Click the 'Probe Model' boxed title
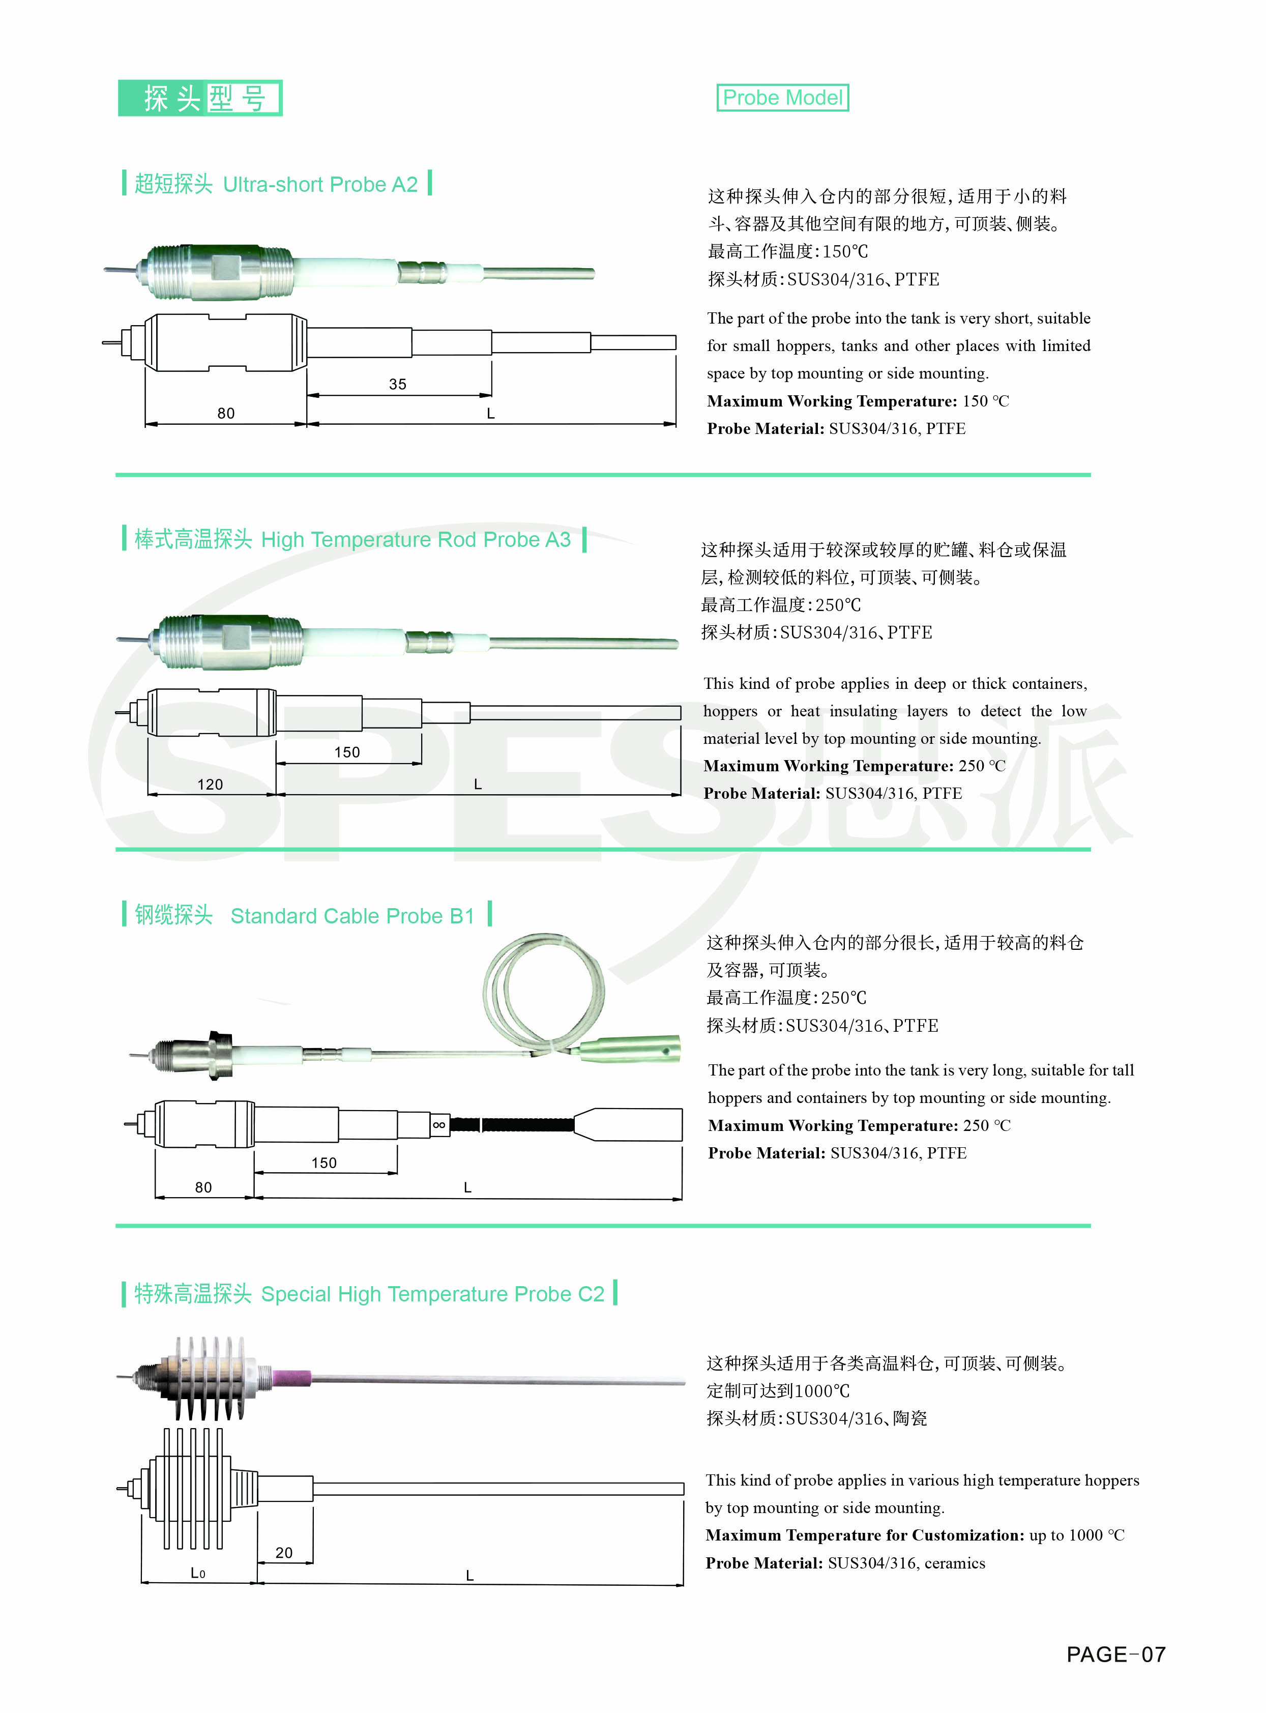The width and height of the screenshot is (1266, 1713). [782, 97]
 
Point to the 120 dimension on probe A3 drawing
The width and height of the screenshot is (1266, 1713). [210, 784]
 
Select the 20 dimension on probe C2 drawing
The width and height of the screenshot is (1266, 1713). [283, 1552]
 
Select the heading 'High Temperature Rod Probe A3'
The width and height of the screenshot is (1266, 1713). [416, 540]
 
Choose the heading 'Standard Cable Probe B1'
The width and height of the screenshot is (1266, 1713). [352, 916]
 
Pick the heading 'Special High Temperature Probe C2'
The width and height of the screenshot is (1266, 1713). [432, 1294]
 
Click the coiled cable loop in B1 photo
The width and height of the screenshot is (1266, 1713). [544, 989]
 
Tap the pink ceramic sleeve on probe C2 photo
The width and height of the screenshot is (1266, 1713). [292, 1378]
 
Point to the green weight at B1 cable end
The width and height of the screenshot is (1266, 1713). [630, 1049]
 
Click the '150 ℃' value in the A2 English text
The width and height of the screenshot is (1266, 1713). [986, 401]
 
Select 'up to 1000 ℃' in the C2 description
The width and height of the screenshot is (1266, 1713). [1077, 1535]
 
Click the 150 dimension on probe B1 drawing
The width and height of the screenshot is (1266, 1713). [323, 1163]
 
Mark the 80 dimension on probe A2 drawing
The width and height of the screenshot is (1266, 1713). [225, 413]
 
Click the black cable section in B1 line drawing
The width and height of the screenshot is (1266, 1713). [512, 1124]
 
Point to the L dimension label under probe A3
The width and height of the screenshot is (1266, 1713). [478, 784]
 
